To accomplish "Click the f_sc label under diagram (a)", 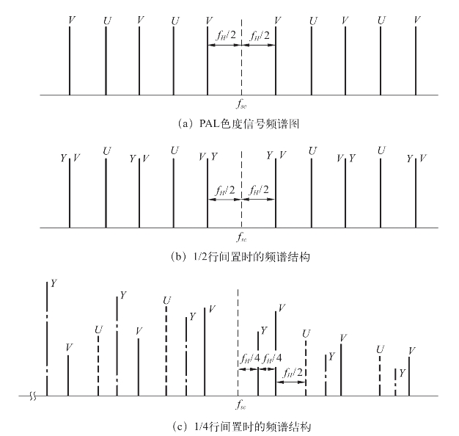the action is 241,106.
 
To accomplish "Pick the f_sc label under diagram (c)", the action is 241,405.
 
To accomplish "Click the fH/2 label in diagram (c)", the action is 293,373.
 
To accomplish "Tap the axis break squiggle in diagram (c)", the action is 32,396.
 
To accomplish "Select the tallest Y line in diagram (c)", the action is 47,338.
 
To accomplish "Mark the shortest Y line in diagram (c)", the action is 395,382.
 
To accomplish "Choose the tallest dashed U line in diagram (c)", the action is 166,349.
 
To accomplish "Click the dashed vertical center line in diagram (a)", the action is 241,66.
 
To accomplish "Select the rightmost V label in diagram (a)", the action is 416,19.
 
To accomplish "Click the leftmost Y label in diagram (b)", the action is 63,158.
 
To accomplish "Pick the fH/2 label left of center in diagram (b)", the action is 225,190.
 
